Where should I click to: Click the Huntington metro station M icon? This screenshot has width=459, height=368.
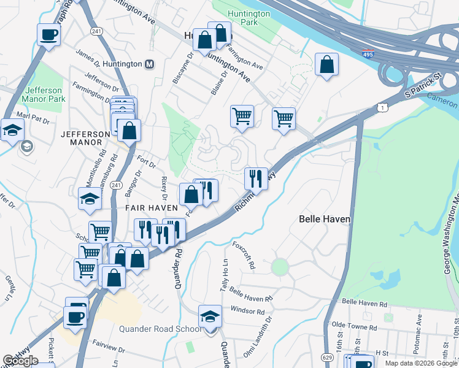point(150,64)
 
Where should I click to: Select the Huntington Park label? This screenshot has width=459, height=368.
point(248,18)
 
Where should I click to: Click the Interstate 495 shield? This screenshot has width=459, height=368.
point(368,54)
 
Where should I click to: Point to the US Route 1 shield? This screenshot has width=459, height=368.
point(384,108)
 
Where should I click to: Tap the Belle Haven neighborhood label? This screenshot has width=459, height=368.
point(324,219)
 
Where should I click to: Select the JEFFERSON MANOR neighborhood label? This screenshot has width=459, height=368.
point(81,137)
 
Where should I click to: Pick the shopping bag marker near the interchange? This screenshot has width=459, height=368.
point(327,64)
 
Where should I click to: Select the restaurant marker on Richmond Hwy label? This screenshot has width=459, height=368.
point(256,178)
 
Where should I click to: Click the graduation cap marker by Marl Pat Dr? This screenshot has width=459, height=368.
point(12,130)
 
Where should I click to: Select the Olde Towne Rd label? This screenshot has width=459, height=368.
point(352,323)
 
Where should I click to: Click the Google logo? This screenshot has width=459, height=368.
point(20,361)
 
